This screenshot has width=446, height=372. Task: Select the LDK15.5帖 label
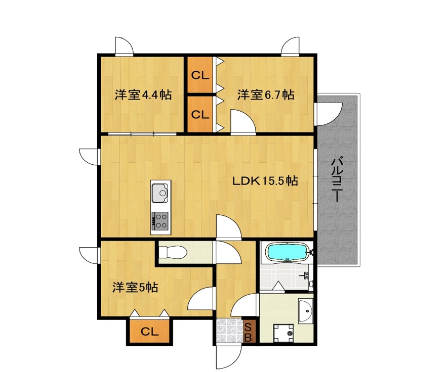(264, 181)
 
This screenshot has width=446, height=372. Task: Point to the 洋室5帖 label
(135, 288)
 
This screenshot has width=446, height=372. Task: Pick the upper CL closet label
(200, 76)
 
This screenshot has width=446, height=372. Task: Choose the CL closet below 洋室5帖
(149, 332)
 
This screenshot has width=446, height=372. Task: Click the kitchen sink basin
(160, 192)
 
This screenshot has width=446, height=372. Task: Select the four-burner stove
(160, 220)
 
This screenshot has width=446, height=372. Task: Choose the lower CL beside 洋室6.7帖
(200, 114)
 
